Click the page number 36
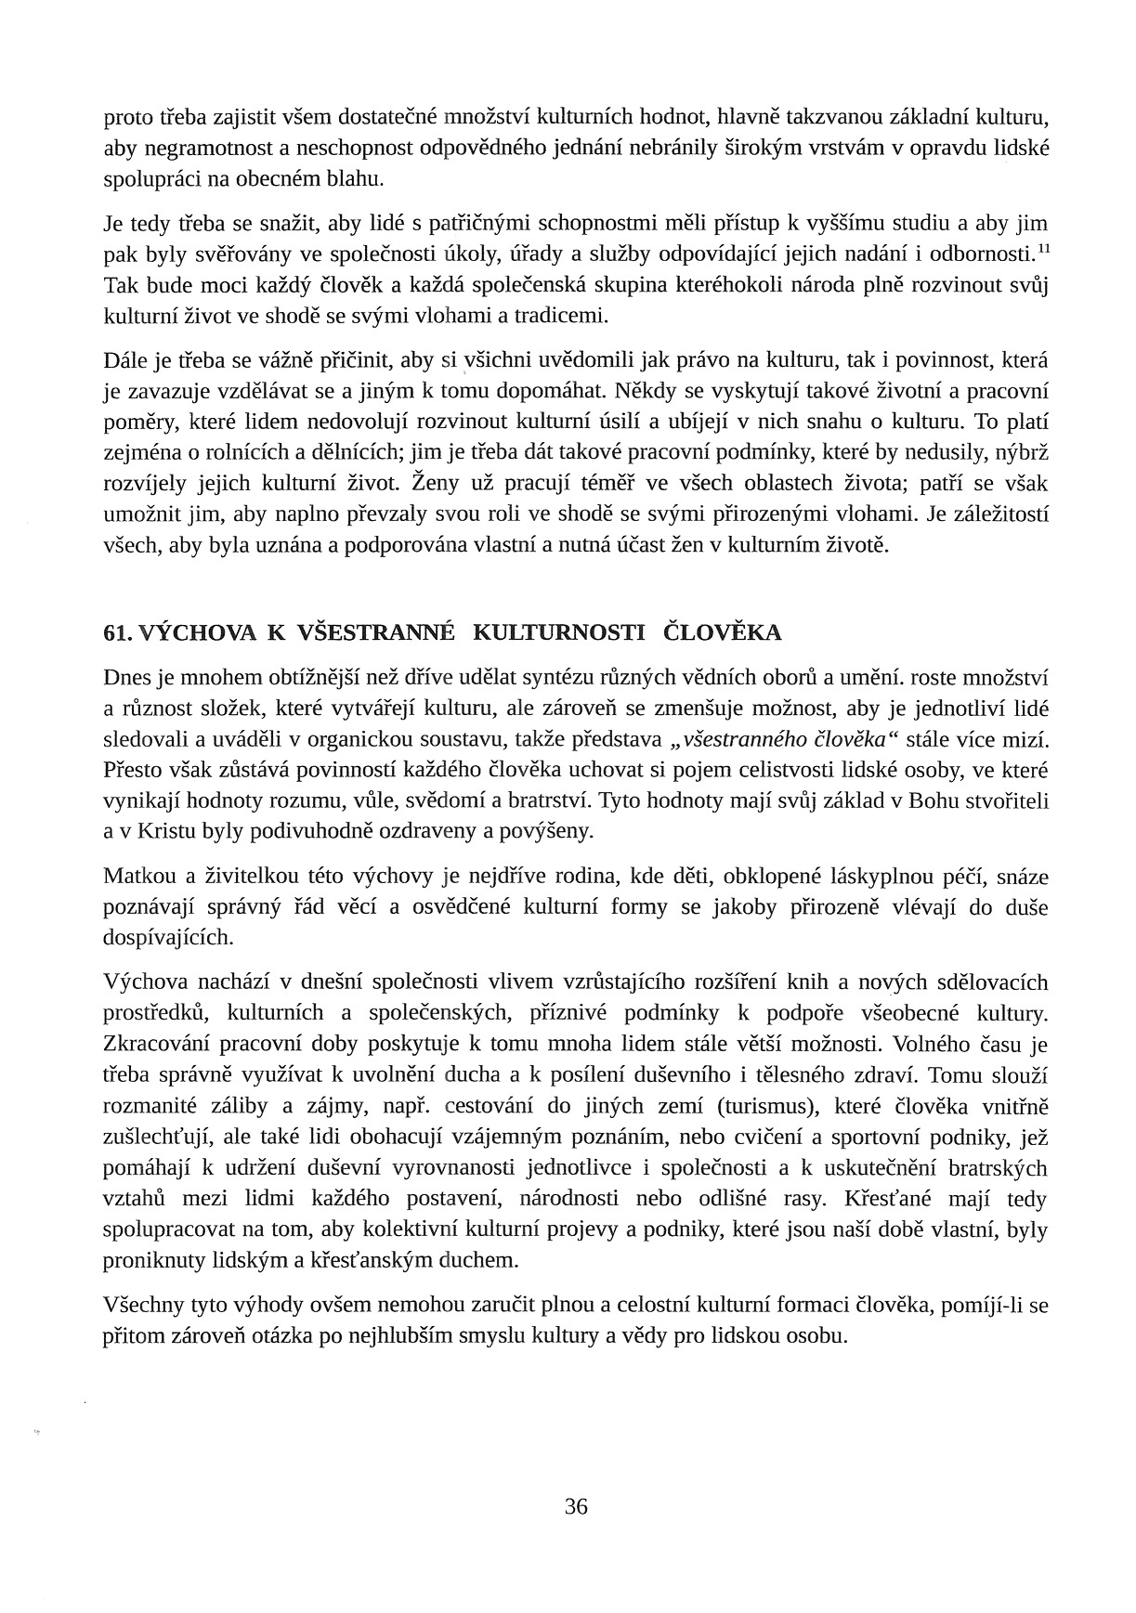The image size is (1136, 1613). [576, 1506]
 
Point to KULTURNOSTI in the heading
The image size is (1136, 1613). [558, 633]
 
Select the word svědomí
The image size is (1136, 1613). [511, 800]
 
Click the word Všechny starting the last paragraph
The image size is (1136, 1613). [143, 1306]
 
